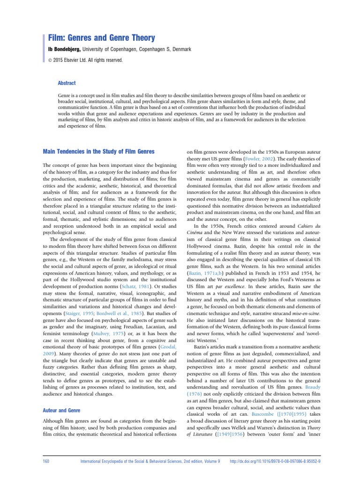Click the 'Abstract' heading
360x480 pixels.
click(67, 83)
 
